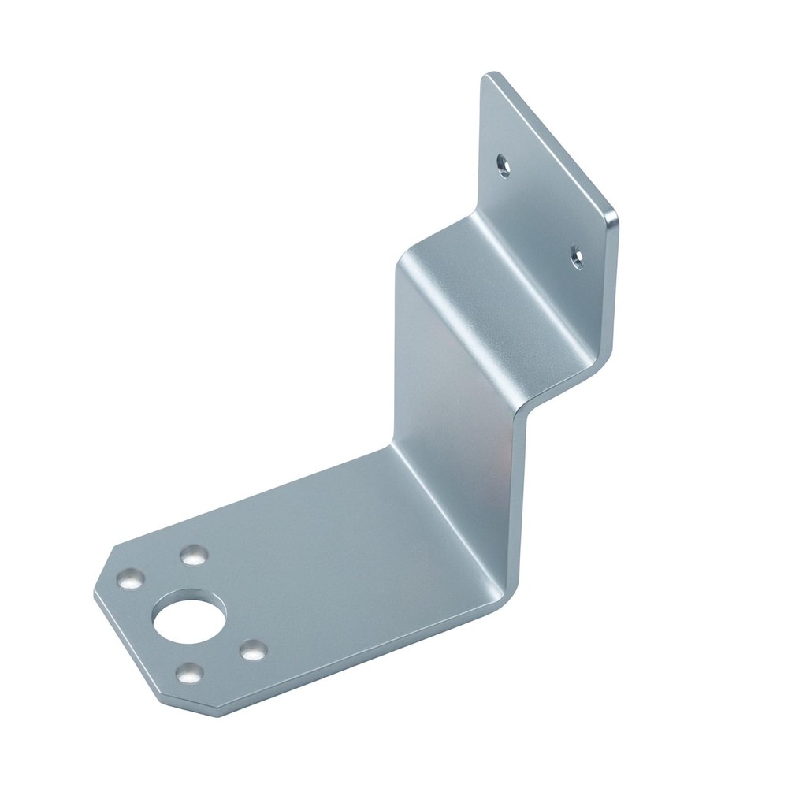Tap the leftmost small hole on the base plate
point(131,580)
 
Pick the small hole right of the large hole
point(252,650)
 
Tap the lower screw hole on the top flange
point(578,256)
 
